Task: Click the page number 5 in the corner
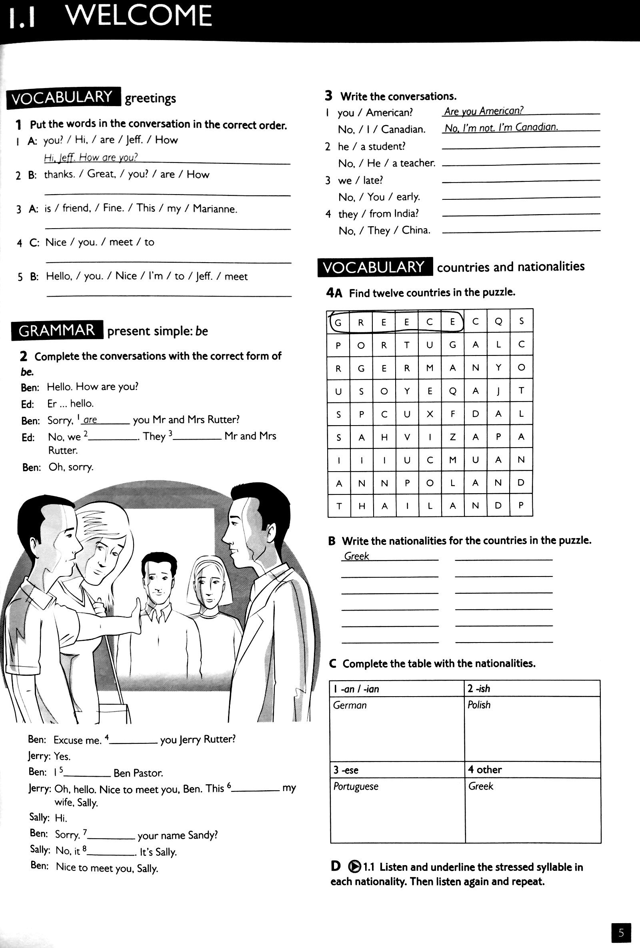click(x=621, y=932)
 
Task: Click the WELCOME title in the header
click(x=138, y=16)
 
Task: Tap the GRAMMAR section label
click(x=57, y=330)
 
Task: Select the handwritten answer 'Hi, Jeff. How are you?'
click(x=90, y=157)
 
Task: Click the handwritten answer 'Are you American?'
click(x=484, y=111)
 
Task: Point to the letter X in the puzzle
click(x=430, y=414)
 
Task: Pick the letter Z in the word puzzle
click(x=452, y=437)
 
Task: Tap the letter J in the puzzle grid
click(x=498, y=391)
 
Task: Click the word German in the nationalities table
click(x=350, y=705)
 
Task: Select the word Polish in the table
click(x=479, y=705)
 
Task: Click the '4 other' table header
click(x=485, y=770)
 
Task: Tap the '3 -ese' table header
click(x=346, y=770)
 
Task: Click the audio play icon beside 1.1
click(x=355, y=866)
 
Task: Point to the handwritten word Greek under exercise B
click(x=356, y=556)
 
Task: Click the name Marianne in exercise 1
click(x=215, y=209)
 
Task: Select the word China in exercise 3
click(x=416, y=231)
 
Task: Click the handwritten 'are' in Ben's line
click(x=90, y=420)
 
